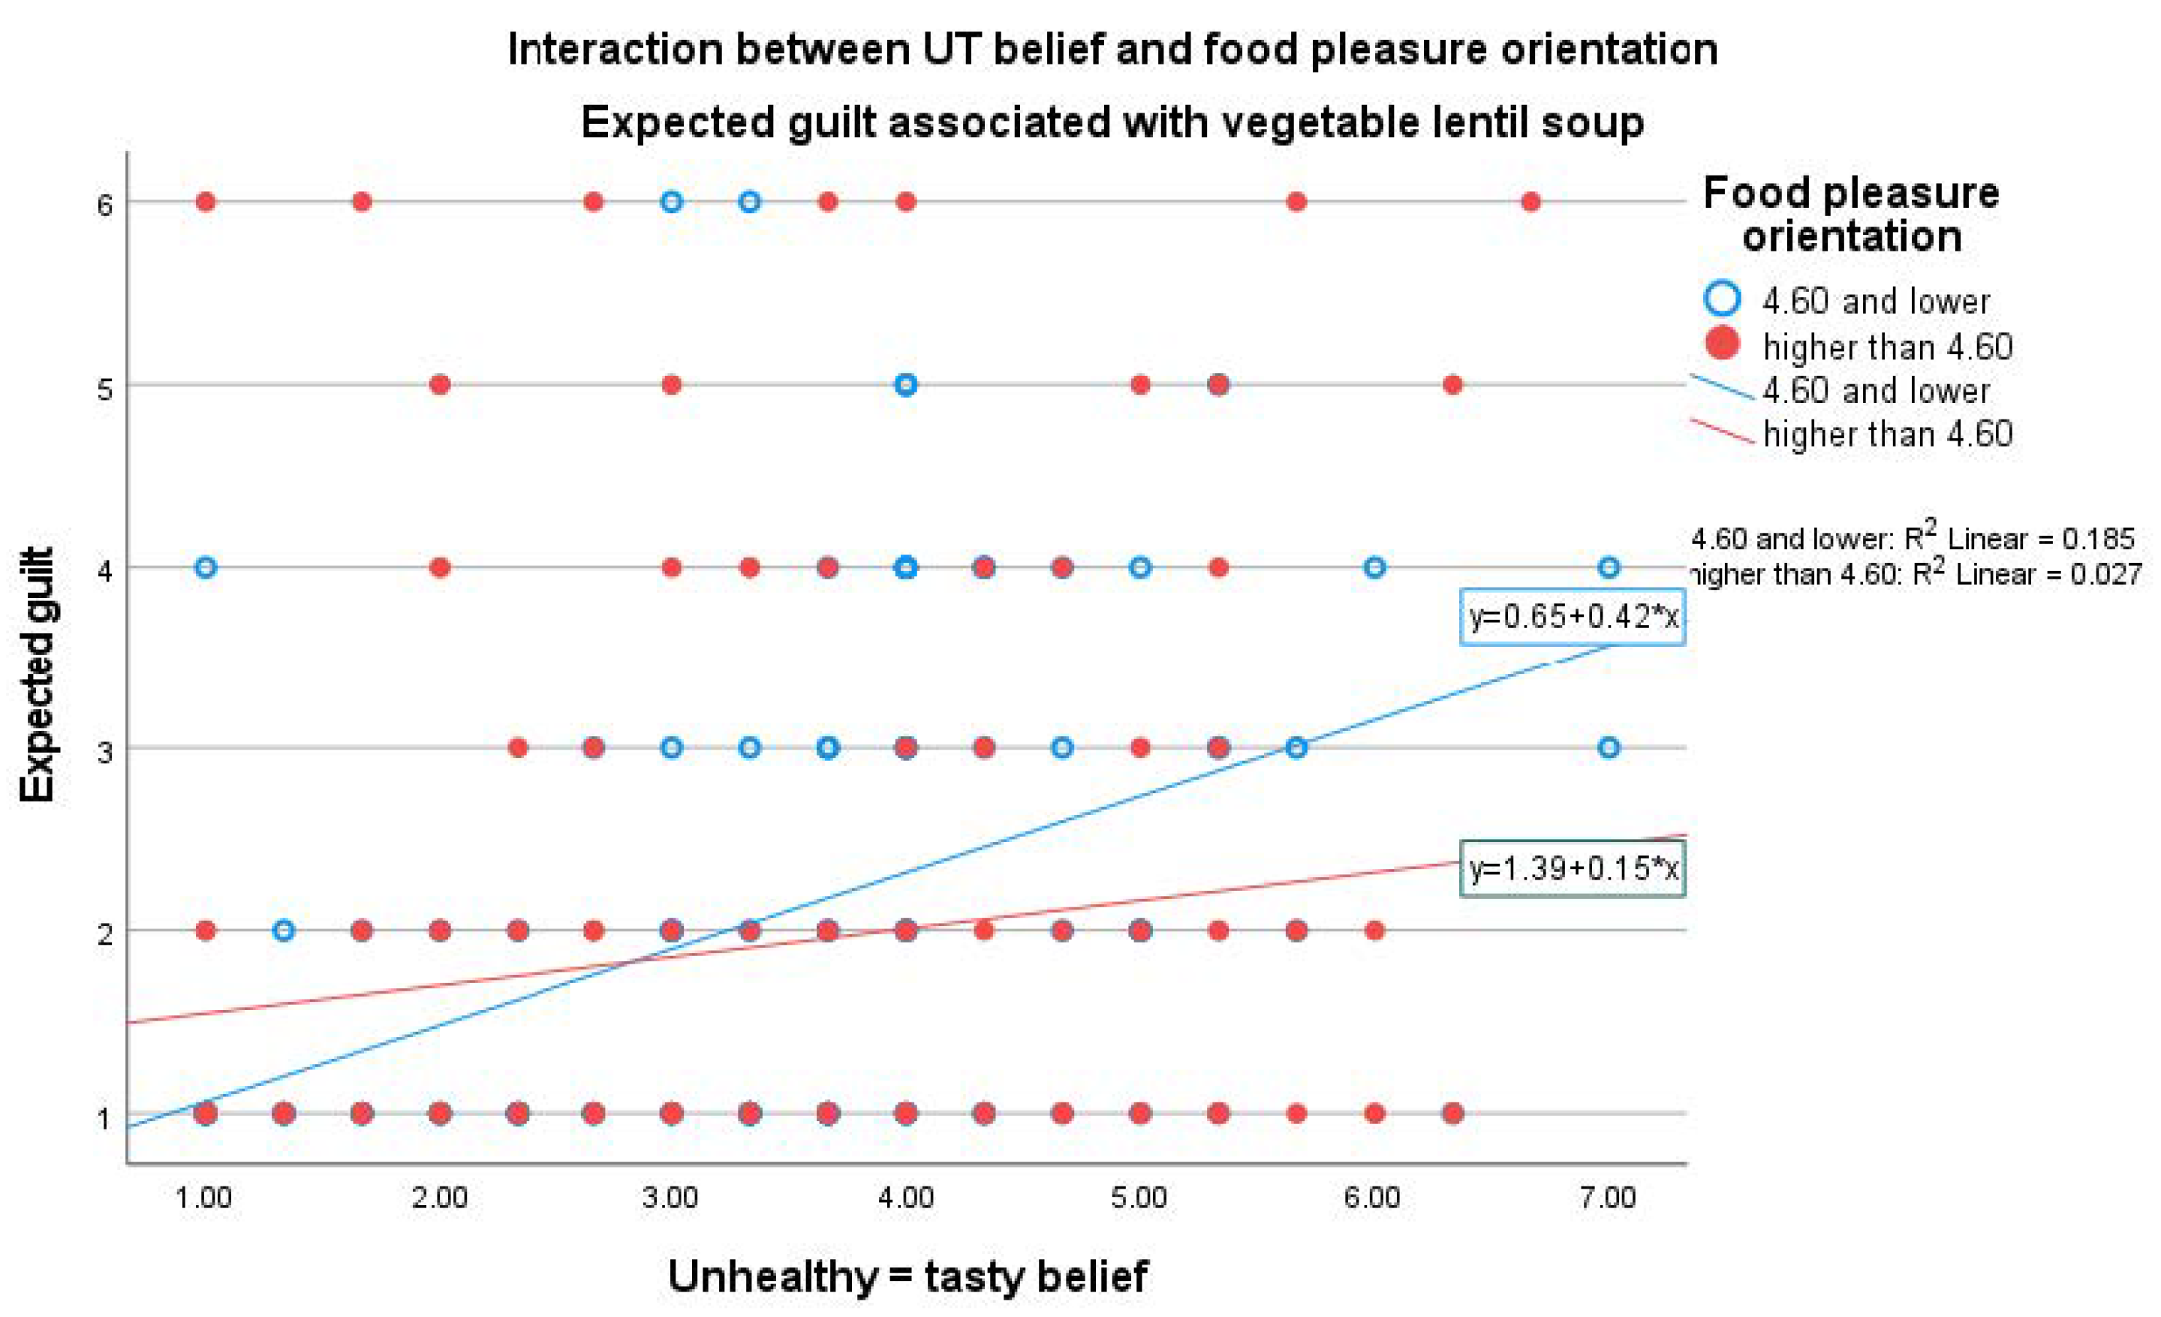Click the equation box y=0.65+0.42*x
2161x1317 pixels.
[1572, 618]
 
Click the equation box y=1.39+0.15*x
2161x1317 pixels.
[1572, 869]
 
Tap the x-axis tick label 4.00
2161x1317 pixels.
[905, 1198]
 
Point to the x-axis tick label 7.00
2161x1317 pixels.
[1608, 1198]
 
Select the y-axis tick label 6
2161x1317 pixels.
[105, 205]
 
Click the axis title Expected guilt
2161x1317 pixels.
[37, 675]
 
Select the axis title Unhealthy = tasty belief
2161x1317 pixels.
[907, 1276]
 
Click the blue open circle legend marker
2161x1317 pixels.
[1722, 298]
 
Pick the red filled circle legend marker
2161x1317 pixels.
[1722, 343]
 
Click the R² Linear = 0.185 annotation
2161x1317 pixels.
[1912, 537]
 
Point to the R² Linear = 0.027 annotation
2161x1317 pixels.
[1912, 574]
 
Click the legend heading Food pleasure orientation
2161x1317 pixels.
[1850, 215]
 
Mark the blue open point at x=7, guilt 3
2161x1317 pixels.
[1608, 748]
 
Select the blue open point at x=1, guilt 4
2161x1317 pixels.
[205, 567]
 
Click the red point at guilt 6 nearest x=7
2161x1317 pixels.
[1530, 203]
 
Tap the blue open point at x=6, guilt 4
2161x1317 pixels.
[1374, 567]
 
